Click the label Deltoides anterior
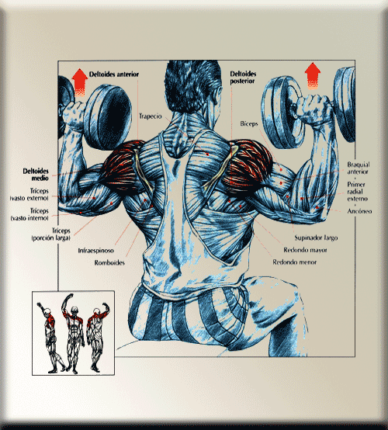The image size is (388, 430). coord(114,75)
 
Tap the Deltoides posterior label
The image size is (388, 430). coord(243,78)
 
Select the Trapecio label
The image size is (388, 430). coord(151,116)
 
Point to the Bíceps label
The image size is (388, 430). coord(249,123)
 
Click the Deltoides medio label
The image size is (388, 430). coord(36,175)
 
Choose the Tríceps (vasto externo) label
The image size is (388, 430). coord(29,195)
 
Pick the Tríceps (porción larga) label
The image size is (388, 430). coord(51,234)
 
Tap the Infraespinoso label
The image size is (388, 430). coord(96,251)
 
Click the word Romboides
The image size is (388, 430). coord(109,262)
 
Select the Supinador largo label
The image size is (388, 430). coord(316,238)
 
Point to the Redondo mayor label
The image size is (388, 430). coord(305,250)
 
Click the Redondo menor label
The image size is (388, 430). coord(295,262)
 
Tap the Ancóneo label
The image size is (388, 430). coord(359,211)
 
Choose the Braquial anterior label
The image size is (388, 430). coord(359,168)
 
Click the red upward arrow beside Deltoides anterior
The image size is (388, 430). coord(79,82)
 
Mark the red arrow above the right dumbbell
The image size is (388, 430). coord(312,76)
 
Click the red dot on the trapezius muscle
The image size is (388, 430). coord(207,154)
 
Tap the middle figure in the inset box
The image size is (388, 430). coord(73,334)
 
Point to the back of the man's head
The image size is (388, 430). coord(192,85)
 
